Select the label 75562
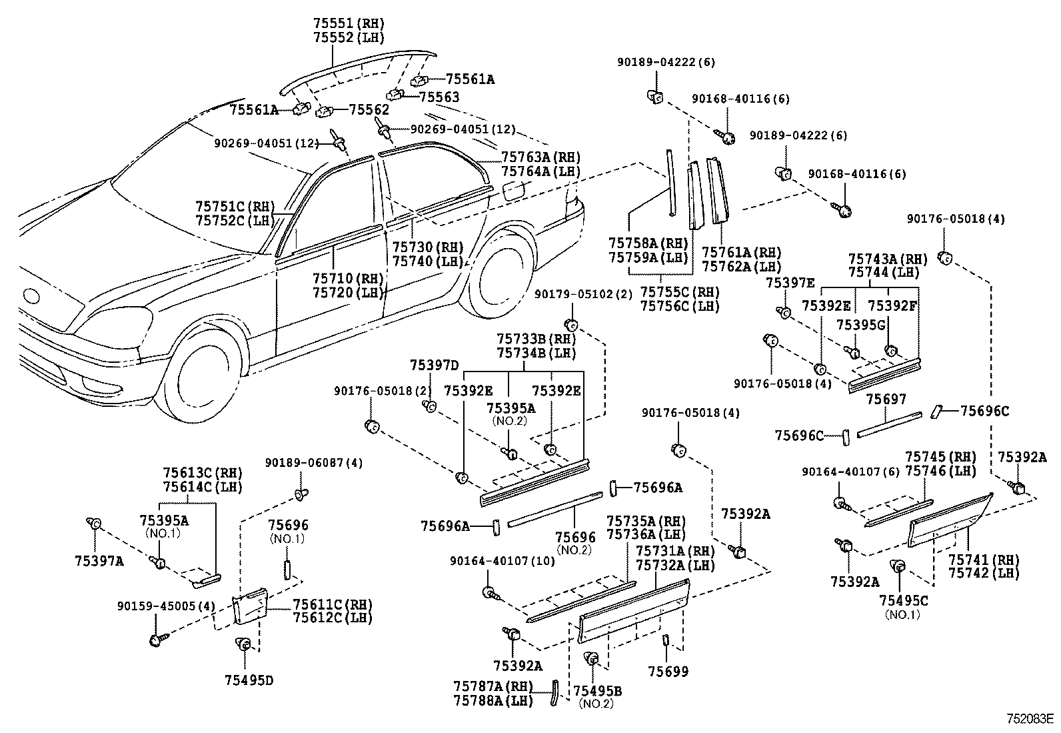coord(369,109)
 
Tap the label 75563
coord(439,97)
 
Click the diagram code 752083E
coord(1030,719)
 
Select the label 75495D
coord(249,680)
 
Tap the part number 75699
coord(668,672)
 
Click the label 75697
coord(886,399)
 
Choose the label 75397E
coord(790,283)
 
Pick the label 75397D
coord(434,365)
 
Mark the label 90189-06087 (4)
coord(314,463)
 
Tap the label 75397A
coord(99,561)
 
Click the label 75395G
coord(860,324)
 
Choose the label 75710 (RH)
coord(349,277)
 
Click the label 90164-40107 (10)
coord(503,561)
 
